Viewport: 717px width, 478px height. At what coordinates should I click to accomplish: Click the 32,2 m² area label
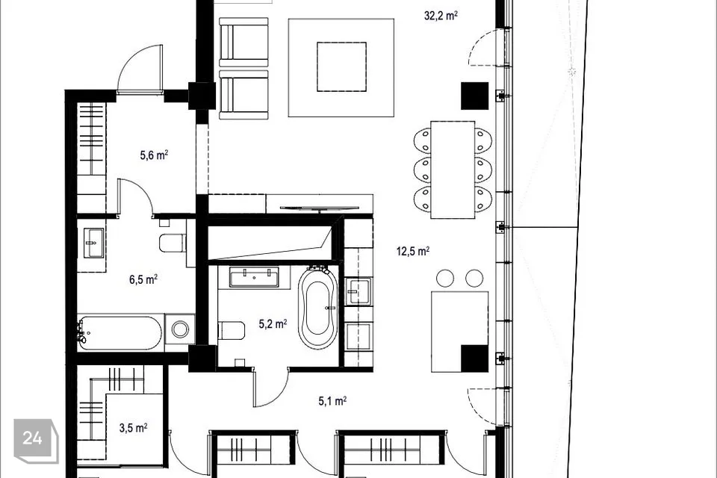441,16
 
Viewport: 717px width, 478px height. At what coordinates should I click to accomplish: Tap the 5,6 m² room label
154,155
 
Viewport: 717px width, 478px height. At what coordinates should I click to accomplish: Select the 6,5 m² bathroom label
143,279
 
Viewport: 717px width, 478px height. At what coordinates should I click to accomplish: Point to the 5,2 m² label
273,324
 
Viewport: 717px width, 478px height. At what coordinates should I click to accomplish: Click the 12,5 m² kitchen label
413,251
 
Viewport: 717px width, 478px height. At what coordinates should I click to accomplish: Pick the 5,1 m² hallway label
332,401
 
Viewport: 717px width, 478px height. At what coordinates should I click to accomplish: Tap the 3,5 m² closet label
133,428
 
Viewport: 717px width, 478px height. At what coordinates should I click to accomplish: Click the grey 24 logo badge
36,441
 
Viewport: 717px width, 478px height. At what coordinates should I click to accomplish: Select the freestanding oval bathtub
318,308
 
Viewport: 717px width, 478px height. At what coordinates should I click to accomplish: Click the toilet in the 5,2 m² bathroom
232,330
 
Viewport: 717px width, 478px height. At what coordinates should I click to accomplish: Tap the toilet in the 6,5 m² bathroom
173,243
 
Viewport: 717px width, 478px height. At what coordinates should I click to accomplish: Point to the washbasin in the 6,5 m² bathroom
95,243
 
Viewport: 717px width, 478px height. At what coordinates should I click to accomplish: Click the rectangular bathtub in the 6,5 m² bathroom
119,333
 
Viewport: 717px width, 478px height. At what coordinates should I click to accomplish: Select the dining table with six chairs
453,170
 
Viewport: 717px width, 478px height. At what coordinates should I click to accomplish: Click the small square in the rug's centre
341,66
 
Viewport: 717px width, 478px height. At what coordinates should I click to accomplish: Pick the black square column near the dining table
475,96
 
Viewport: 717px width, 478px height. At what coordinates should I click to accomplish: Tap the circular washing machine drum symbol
180,329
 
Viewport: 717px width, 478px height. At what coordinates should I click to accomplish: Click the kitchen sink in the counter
358,291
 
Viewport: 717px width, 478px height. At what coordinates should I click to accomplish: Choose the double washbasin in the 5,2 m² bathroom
254,278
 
